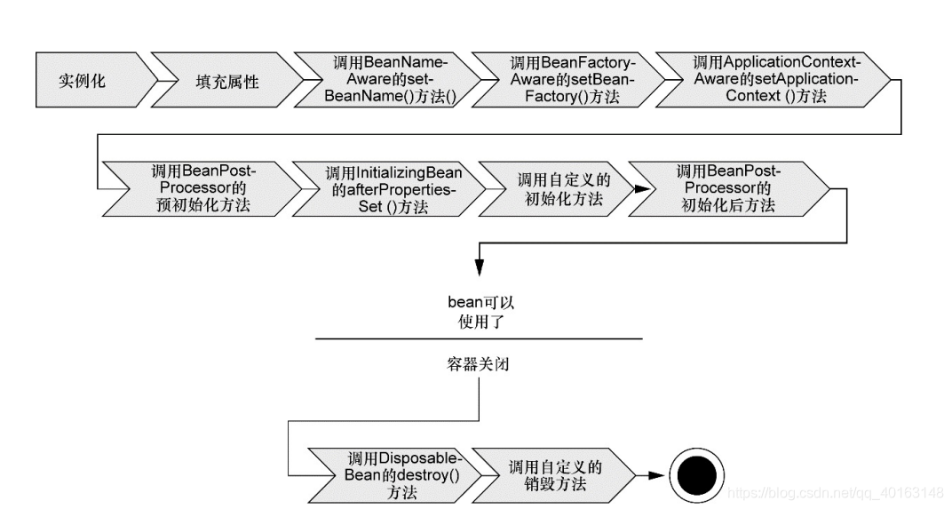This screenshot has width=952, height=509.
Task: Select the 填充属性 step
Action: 226,81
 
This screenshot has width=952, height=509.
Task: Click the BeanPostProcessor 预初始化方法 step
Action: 199,188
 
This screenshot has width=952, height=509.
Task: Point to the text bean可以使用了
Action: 480,313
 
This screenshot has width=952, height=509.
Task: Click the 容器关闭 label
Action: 479,364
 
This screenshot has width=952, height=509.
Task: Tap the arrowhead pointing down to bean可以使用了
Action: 480,267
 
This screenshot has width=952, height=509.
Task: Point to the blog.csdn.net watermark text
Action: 836,492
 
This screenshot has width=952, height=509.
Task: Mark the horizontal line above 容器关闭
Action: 479,338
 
